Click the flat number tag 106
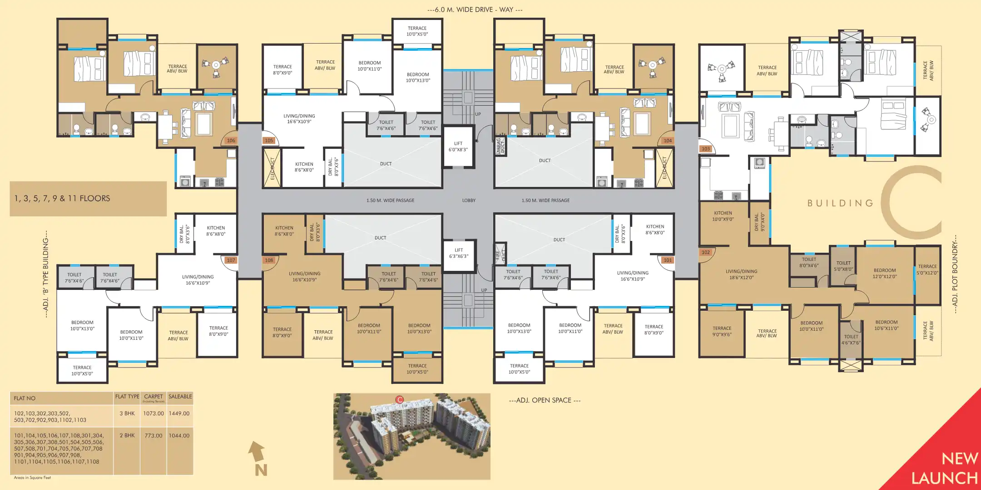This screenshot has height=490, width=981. click(231, 141)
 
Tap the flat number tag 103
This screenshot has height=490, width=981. click(705, 149)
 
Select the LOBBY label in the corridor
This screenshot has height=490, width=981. click(469, 200)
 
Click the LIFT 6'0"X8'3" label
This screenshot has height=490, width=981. click(458, 147)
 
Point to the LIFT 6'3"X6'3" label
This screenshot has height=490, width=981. click(459, 253)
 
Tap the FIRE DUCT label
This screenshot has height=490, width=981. click(500, 255)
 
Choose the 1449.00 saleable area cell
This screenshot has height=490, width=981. click(179, 413)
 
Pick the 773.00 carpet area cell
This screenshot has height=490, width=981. click(154, 436)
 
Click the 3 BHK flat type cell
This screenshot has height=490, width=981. click(127, 413)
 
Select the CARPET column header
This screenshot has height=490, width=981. click(154, 397)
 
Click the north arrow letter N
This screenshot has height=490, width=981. click(261, 470)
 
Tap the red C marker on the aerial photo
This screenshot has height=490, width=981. click(399, 400)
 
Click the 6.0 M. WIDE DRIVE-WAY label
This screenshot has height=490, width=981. click(475, 10)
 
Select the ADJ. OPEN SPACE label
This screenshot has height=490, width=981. click(545, 400)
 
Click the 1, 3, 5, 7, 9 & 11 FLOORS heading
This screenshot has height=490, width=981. click(62, 198)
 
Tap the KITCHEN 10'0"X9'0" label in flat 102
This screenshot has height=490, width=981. click(723, 216)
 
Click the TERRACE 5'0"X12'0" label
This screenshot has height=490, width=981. click(927, 269)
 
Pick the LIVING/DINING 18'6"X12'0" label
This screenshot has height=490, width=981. click(741, 274)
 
